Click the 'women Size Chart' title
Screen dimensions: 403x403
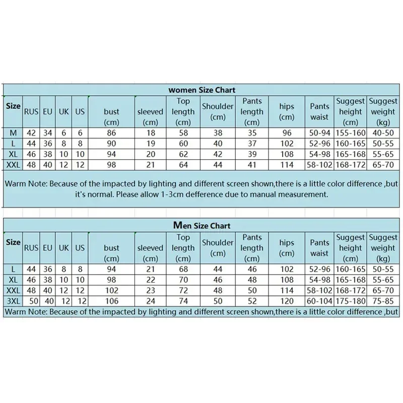(201, 90)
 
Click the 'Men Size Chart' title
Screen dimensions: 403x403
(201, 226)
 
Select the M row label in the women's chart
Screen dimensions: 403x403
(13, 132)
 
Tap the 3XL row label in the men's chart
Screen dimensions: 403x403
(13, 301)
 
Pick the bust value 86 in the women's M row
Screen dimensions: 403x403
(111, 133)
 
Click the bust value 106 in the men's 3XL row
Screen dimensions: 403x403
(111, 301)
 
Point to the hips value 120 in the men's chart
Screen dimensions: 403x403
(287, 301)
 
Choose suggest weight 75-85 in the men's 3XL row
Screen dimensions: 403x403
(383, 301)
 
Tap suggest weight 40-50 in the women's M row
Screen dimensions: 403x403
(383, 133)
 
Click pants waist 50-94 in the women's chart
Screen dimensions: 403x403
(319, 133)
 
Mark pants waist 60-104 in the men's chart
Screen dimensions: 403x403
(319, 301)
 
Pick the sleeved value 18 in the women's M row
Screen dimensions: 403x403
(150, 133)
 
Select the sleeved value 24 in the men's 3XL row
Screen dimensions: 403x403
(150, 301)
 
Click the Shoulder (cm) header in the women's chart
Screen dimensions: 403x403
(218, 111)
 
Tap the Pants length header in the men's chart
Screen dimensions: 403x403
(252, 242)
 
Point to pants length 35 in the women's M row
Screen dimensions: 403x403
(252, 133)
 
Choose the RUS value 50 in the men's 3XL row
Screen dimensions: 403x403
(31, 301)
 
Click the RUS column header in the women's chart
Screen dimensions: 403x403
(31, 112)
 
